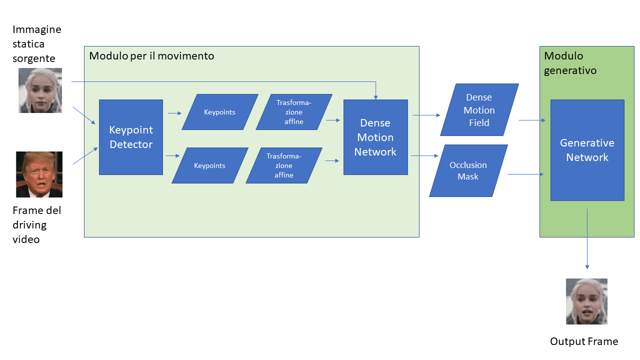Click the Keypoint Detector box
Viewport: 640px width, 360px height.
coord(131,137)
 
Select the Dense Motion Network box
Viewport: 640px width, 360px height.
coord(375,137)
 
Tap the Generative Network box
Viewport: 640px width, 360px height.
coord(587,150)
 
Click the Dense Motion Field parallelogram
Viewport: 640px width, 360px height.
coord(479,110)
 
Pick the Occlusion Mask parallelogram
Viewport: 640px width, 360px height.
coord(468,170)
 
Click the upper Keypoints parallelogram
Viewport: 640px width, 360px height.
coord(219,112)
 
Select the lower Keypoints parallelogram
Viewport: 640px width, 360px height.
coord(209,165)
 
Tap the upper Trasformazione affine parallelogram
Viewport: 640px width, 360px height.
coord(293,112)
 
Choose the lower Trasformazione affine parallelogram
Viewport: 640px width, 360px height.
coord(283,165)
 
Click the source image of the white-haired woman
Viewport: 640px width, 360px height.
coord(40,90)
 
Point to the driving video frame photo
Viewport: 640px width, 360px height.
coord(39,174)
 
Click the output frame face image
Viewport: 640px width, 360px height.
coord(586,301)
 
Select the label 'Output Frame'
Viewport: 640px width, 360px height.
coord(584,341)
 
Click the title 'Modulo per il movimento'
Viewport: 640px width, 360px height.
coord(151,56)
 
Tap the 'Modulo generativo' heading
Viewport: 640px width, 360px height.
coord(570,63)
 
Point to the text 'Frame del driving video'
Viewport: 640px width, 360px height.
coord(37,225)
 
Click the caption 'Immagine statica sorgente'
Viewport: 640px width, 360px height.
coord(37,44)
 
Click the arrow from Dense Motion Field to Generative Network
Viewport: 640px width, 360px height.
coord(532,120)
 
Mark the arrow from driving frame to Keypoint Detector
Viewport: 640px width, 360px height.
coord(85,155)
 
